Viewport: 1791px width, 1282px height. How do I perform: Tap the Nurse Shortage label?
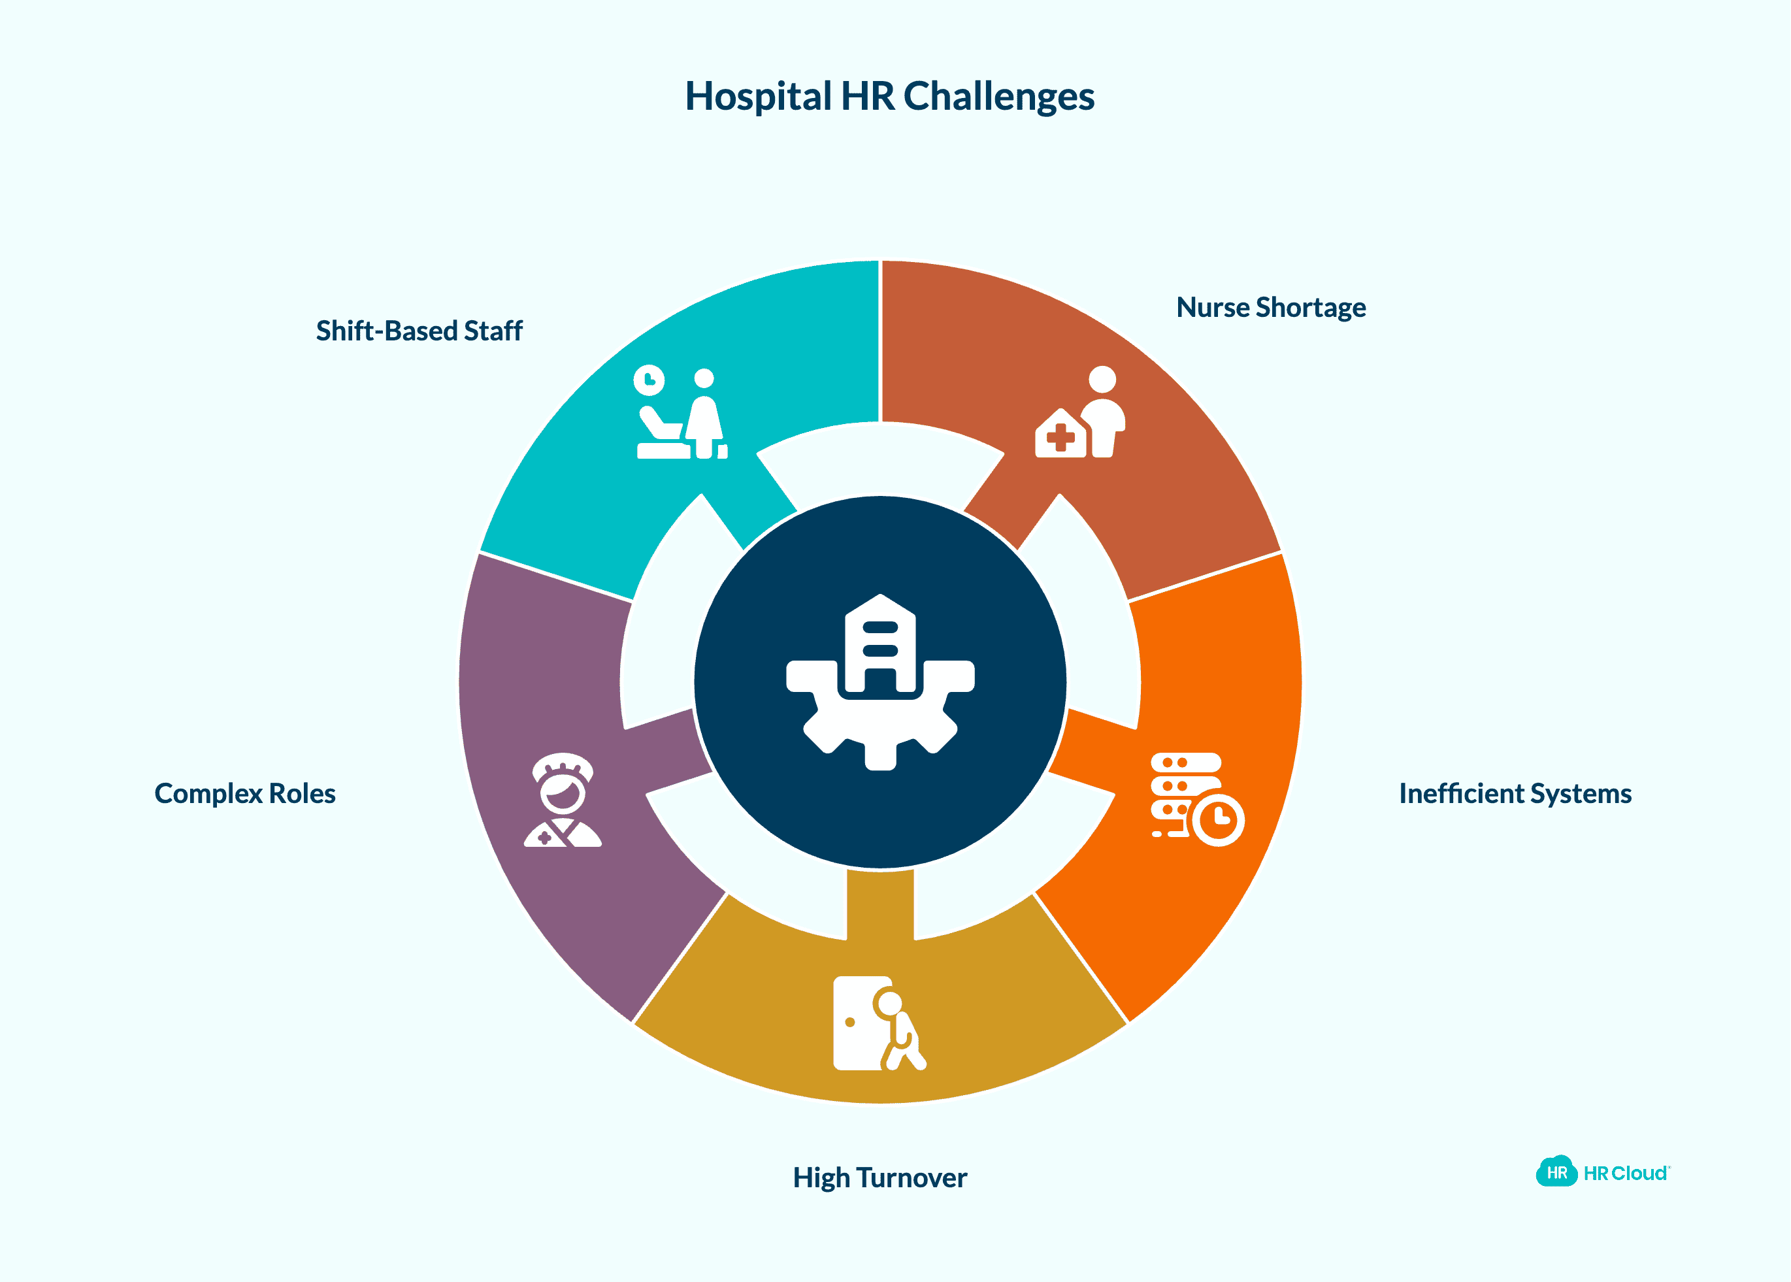pyautogui.click(x=1270, y=307)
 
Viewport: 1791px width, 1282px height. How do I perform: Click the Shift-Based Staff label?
pyautogui.click(x=419, y=331)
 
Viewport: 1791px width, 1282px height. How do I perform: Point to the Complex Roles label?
pyautogui.click(x=244, y=793)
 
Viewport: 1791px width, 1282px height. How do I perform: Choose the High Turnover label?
pyautogui.click(x=879, y=1178)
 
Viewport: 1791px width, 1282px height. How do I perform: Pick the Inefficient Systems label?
pyautogui.click(x=1515, y=793)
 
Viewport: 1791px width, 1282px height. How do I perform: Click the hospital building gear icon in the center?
pyautogui.click(x=880, y=682)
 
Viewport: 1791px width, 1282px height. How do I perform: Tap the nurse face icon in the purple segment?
pyautogui.click(x=562, y=800)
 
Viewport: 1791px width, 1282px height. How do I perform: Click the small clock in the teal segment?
pyautogui.click(x=649, y=380)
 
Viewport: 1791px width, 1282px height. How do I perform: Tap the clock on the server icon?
pyautogui.click(x=1219, y=819)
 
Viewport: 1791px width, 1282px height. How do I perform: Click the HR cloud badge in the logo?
pyautogui.click(x=1556, y=1172)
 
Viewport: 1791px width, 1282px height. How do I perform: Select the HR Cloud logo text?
pyautogui.click(x=1626, y=1173)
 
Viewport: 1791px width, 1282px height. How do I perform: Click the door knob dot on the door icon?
pyautogui.click(x=850, y=1023)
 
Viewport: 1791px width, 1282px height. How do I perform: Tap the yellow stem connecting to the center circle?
pyautogui.click(x=880, y=904)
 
